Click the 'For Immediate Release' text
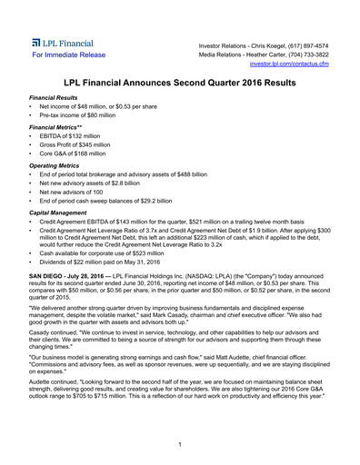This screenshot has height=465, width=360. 68,55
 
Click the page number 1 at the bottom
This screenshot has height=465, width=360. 180,443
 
